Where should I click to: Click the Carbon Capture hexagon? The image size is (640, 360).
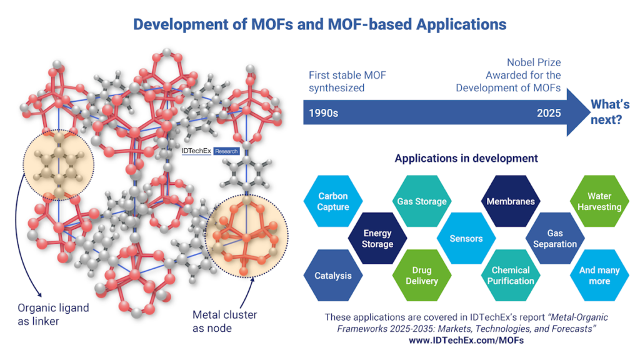coord(332,201)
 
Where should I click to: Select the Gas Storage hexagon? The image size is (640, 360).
coord(422,201)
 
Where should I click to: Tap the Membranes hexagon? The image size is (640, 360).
coord(511,201)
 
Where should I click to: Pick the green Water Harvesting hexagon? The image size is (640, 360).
coord(599,201)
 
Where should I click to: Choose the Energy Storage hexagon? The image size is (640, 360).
coord(377,239)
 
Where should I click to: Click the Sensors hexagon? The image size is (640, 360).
coord(466,239)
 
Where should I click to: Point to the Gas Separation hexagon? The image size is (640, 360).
coord(555,239)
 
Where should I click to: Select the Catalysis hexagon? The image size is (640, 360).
coord(332,276)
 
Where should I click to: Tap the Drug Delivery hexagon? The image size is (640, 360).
coord(422,276)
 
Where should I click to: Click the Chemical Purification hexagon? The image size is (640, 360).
coord(511,276)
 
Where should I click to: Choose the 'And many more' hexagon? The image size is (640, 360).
coord(599,276)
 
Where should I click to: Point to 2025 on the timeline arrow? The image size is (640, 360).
coord(548,114)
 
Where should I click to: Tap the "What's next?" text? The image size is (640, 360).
coord(610,111)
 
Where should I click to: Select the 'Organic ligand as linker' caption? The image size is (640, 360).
coord(52,314)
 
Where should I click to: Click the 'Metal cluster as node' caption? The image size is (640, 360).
coord(224,321)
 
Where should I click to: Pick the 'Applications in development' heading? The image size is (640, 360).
coord(466,158)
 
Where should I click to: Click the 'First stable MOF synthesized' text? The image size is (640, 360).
coord(347,82)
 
